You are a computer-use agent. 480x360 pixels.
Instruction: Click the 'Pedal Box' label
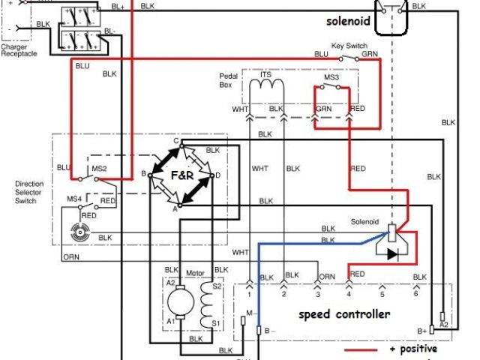coord(229,81)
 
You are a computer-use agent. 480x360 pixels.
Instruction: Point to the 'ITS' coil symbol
coord(265,88)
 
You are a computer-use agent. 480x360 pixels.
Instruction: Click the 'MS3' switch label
coord(331,77)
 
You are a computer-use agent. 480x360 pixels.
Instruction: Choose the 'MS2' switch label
coord(99,169)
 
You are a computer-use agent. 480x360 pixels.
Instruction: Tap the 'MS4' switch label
coord(74,199)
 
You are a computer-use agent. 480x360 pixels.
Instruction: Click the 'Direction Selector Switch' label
coord(29,192)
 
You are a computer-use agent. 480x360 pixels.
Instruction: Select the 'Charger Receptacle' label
coord(19,50)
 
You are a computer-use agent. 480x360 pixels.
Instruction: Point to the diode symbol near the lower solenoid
coord(392,253)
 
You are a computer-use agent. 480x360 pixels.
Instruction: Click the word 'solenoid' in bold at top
coord(349,22)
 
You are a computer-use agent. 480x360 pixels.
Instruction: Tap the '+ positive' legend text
coord(413,349)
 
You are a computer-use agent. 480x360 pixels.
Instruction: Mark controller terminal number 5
coord(382,295)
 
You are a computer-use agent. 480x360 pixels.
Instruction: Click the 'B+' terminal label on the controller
coord(421,330)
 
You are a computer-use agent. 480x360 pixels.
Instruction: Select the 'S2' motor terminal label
coord(218,286)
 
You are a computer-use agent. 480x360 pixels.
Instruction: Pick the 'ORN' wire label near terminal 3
coord(326,277)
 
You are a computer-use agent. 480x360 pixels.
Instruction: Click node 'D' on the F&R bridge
coord(217,175)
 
